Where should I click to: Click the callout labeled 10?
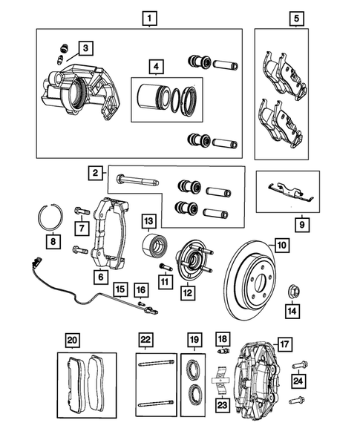(x=282, y=243)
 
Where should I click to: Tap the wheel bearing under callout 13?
(x=157, y=245)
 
